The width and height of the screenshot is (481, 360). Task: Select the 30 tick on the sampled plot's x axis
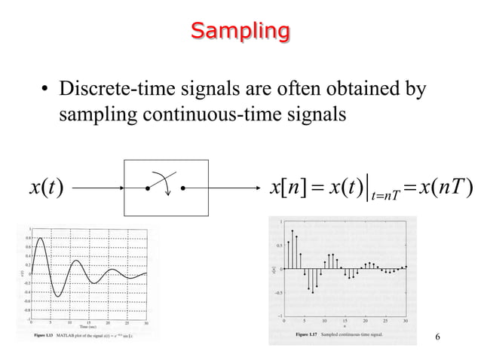(405, 321)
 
